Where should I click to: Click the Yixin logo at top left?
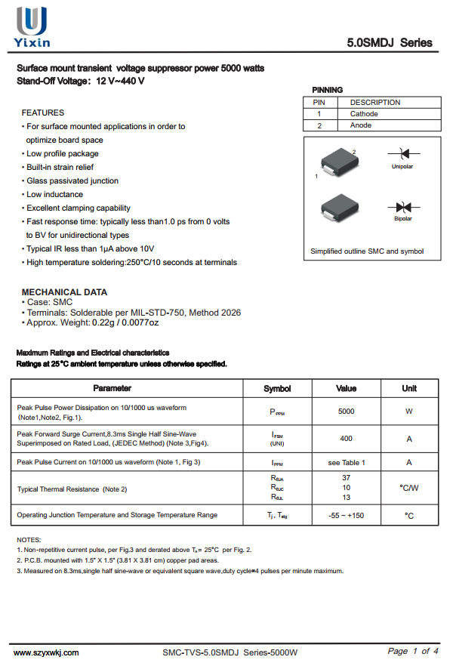tap(33, 26)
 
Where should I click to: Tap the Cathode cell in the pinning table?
tap(364, 114)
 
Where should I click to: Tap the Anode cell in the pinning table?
tap(361, 125)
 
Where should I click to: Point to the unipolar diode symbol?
tap(402, 154)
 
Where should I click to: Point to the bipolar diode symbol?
tap(402, 206)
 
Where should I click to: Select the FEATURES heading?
tap(43, 113)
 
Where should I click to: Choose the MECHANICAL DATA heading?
tap(64, 292)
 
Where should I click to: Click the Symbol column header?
tap(277, 388)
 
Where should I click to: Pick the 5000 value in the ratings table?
tap(346, 412)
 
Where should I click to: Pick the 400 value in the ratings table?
tap(346, 438)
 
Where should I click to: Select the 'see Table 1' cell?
tap(346, 462)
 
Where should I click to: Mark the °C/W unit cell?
tap(408, 488)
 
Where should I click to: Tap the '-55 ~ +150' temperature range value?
tap(346, 515)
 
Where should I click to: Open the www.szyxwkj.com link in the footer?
tap(46, 652)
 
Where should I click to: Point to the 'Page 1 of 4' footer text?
tap(413, 651)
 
